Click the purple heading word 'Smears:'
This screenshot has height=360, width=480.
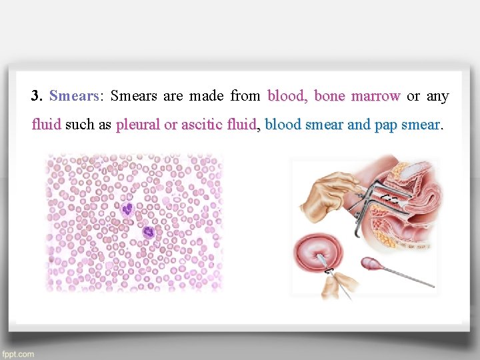tap(75, 96)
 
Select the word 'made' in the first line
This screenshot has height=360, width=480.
tap(206, 96)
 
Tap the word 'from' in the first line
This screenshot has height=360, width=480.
tap(245, 96)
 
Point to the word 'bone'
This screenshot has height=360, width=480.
tap(329, 96)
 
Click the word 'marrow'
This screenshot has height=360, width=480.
tap(375, 96)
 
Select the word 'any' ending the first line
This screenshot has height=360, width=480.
tap(437, 96)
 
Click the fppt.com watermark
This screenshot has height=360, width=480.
tap(18, 354)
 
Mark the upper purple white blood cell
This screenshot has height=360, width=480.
tap(127, 209)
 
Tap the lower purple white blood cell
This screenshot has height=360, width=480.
tap(148, 233)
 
